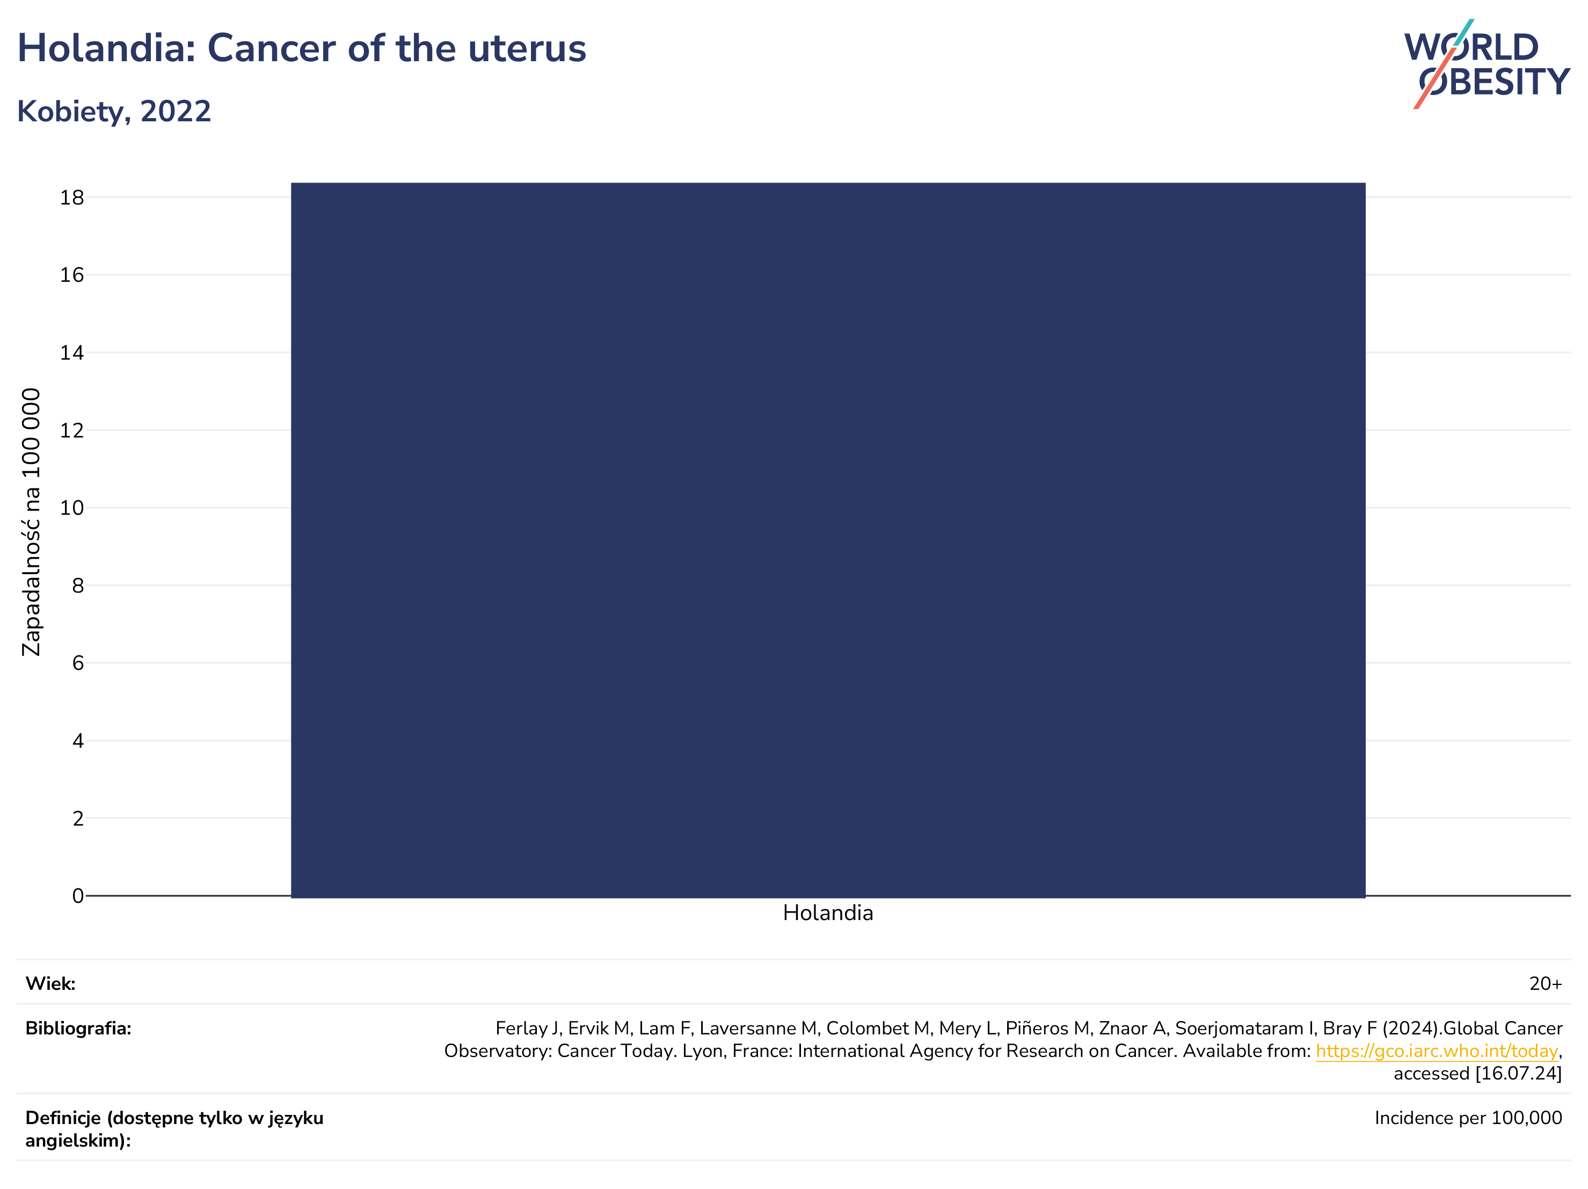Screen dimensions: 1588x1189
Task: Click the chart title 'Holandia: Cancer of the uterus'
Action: click(302, 49)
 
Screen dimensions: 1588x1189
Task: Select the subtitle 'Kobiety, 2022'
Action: click(114, 111)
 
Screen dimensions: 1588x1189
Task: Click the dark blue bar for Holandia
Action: click(828, 540)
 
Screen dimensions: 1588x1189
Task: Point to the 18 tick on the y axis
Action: click(72, 198)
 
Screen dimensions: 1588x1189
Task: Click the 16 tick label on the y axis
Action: click(72, 275)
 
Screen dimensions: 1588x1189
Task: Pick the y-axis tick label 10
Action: click(72, 508)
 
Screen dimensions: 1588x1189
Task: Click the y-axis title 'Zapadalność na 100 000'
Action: click(31, 522)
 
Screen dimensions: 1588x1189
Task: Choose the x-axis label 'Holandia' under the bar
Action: click(828, 913)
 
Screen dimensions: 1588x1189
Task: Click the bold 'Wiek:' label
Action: click(50, 983)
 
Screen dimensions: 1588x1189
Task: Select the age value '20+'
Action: click(1546, 983)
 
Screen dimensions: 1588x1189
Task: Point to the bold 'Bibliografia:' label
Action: click(78, 1028)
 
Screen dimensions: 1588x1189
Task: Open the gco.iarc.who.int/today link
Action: click(1437, 1051)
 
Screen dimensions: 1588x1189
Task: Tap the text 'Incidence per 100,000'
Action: click(1468, 1118)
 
